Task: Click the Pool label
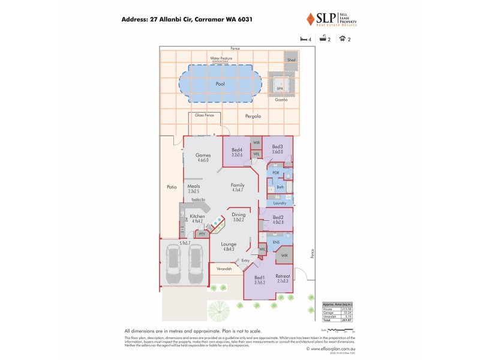tap(220, 84)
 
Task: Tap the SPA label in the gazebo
tap(280, 88)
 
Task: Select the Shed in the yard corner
tap(291, 60)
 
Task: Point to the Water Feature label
tap(221, 58)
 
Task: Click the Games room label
tap(203, 155)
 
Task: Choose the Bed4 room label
tap(236, 150)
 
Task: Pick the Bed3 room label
tap(277, 147)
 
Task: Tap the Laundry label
tap(280, 203)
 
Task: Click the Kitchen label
tap(197, 217)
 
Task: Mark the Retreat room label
tap(283, 276)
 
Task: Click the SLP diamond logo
tap(310, 19)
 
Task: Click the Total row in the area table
tap(336, 320)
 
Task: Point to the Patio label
tap(171, 187)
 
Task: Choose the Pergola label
tap(253, 116)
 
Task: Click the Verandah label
tap(224, 269)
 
